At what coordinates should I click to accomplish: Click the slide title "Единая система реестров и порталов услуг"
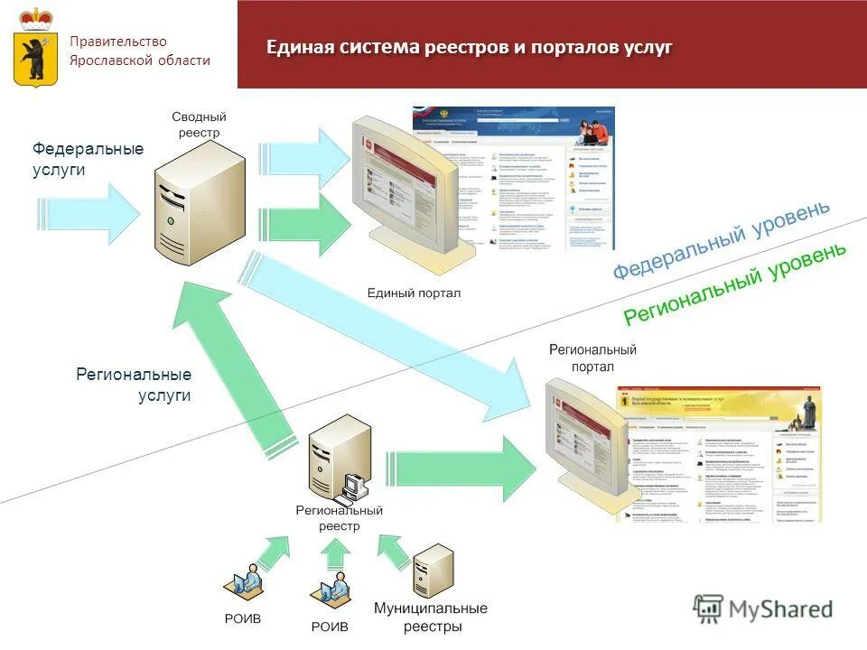click(x=469, y=48)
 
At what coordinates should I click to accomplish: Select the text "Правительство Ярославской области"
click(x=140, y=51)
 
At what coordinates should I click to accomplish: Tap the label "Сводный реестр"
click(x=199, y=125)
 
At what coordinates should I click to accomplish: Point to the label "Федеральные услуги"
click(x=88, y=158)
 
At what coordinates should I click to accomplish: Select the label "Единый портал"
click(x=414, y=292)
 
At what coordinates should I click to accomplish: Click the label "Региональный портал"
click(x=592, y=357)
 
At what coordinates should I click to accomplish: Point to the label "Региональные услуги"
click(x=134, y=384)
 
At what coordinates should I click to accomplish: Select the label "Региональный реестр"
click(x=339, y=518)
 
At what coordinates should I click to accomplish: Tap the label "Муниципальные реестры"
click(x=431, y=617)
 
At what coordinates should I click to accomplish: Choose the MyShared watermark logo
click(x=764, y=609)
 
